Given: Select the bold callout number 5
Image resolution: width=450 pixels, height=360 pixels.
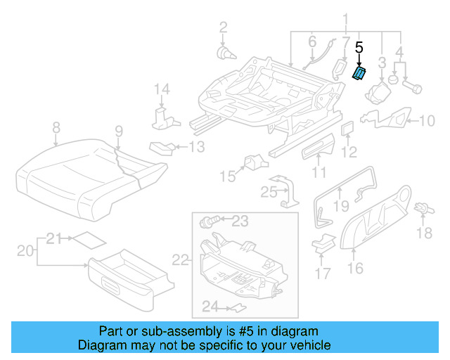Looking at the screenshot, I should tap(359, 49).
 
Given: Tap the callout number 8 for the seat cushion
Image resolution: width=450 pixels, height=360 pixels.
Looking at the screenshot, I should tap(56, 128).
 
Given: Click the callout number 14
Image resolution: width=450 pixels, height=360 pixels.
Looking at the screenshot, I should tap(162, 89).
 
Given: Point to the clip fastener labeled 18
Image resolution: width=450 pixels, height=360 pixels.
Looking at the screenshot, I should tap(423, 209).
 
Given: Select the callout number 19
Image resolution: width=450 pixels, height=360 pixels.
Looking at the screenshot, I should tap(340, 206).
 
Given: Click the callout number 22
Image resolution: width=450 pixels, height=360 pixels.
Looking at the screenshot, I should tap(181, 260).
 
